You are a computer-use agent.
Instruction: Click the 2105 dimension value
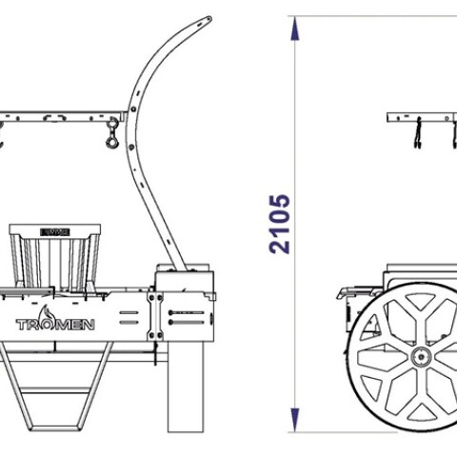pos(280,224)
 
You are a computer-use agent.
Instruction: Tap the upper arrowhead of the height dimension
pos(295,29)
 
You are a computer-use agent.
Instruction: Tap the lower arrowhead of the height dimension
pos(295,420)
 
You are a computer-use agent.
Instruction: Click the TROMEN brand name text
pos(55,325)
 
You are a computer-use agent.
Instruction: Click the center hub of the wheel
pos(421,357)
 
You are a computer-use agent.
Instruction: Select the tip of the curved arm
pos(209,19)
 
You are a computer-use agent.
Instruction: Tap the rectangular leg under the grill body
pos(186,387)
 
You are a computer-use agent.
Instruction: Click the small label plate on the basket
pos(55,232)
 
